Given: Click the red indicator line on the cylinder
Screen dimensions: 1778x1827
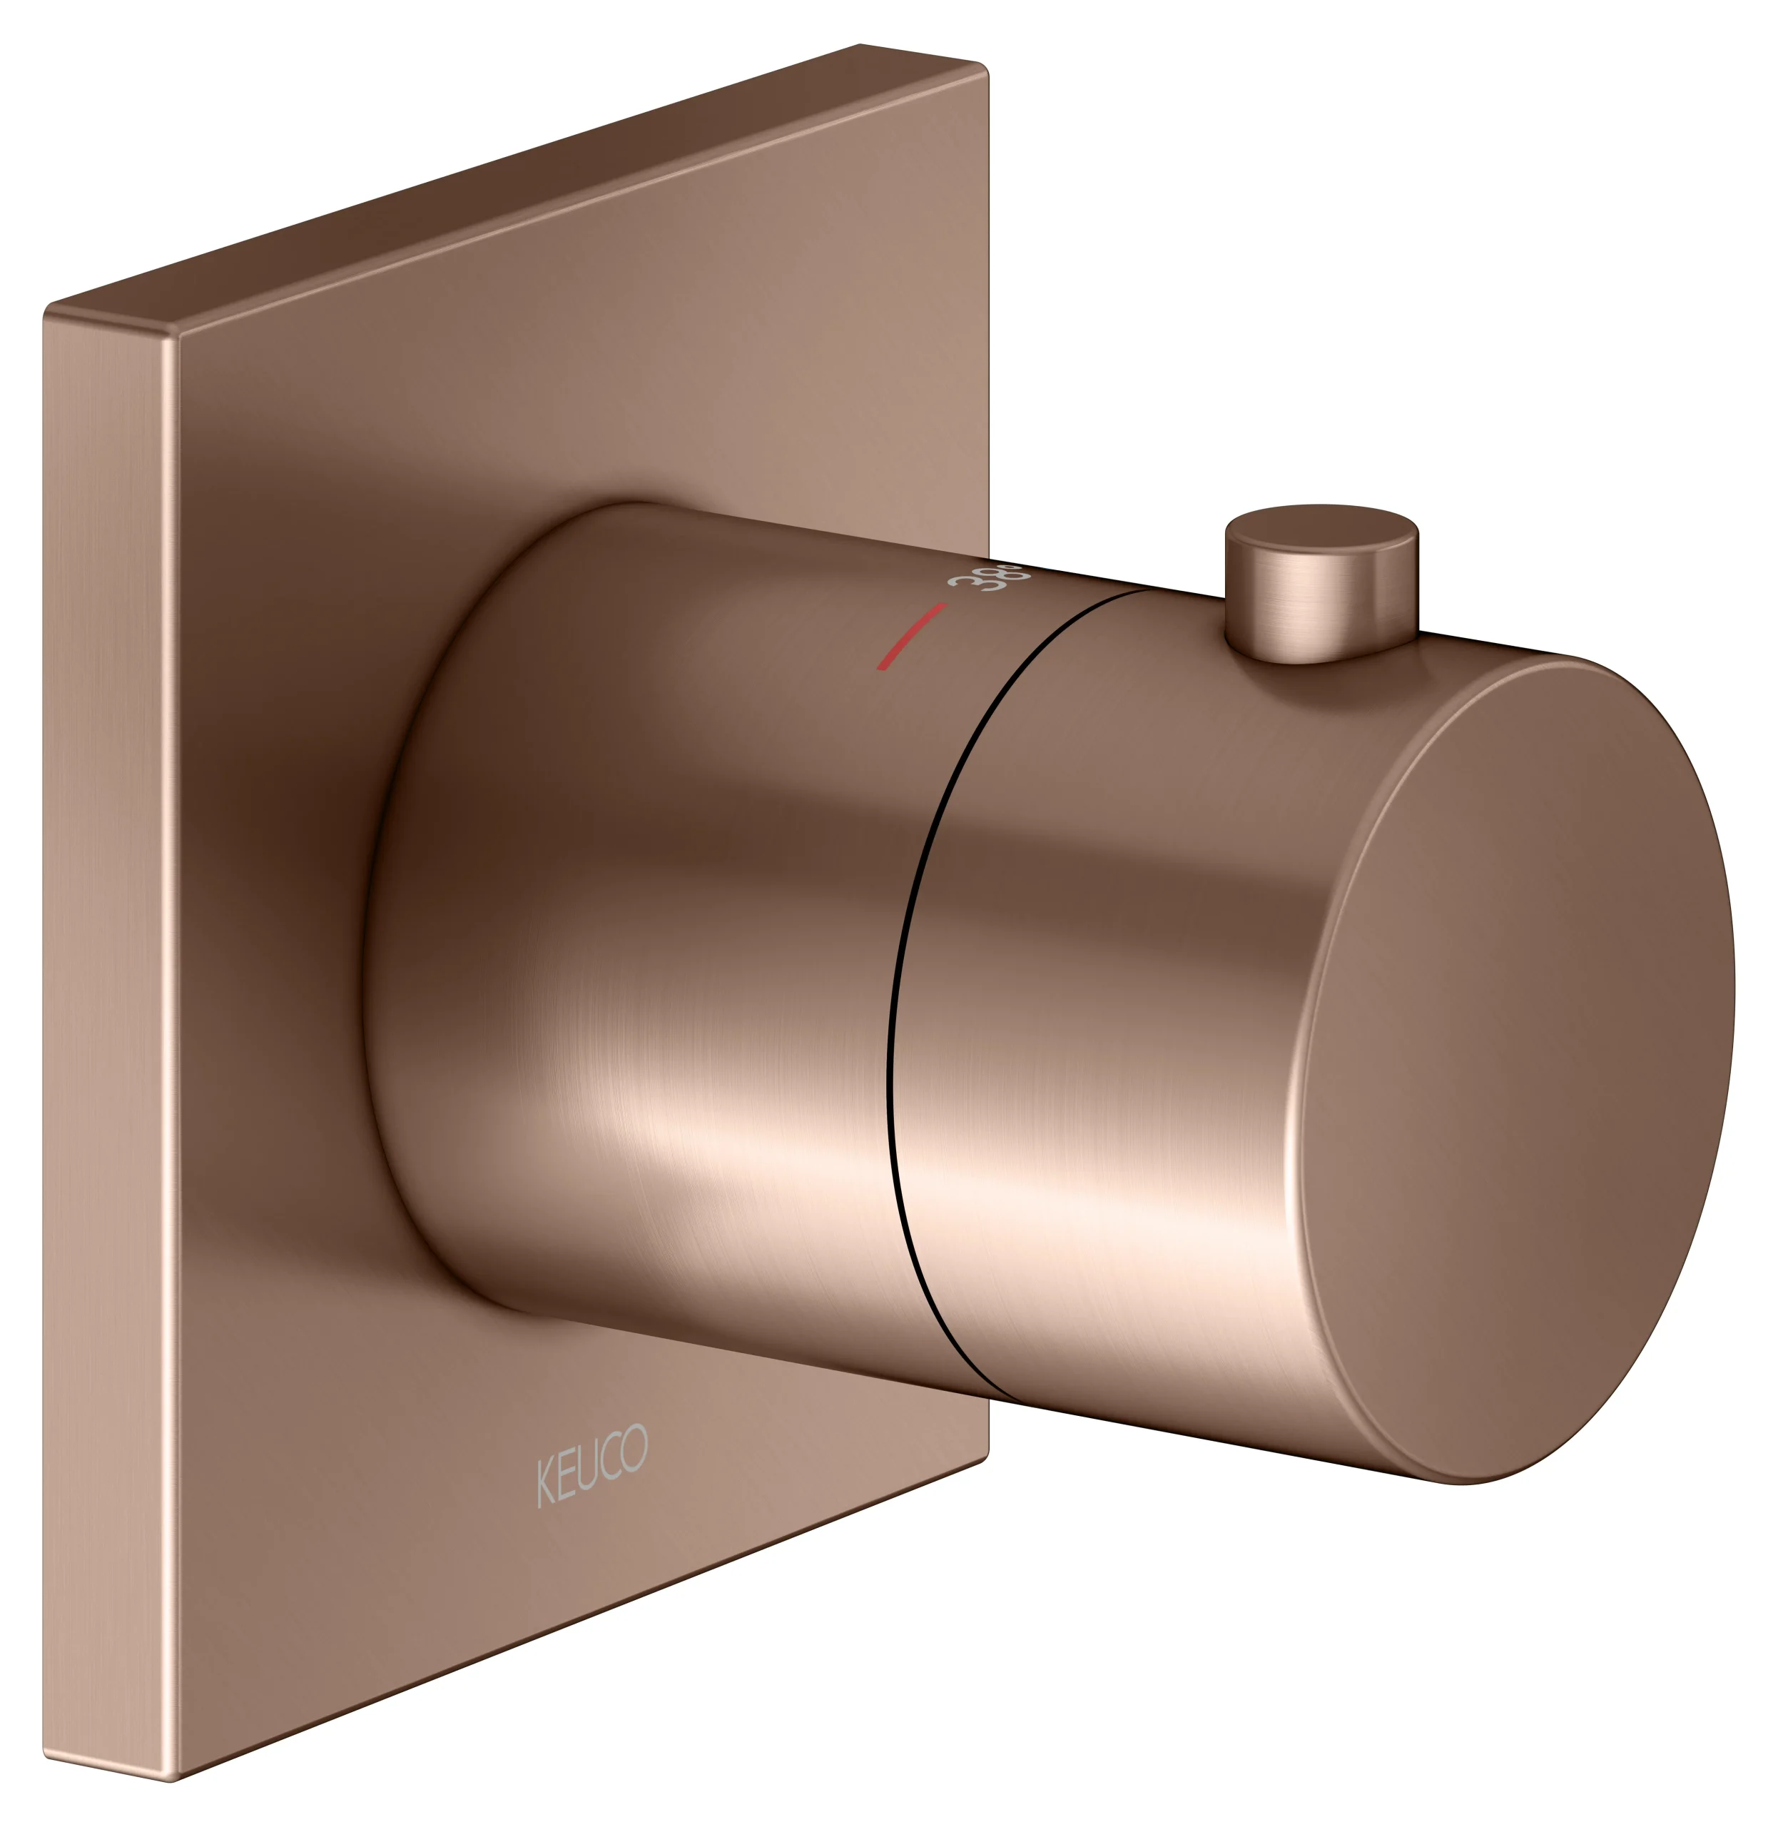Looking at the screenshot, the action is (x=910, y=636).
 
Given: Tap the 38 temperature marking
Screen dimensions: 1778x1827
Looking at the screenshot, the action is (x=987, y=577).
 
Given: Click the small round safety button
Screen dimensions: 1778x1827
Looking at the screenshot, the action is (x=1321, y=584).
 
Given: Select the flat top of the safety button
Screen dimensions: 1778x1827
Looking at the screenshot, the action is (x=1321, y=535).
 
